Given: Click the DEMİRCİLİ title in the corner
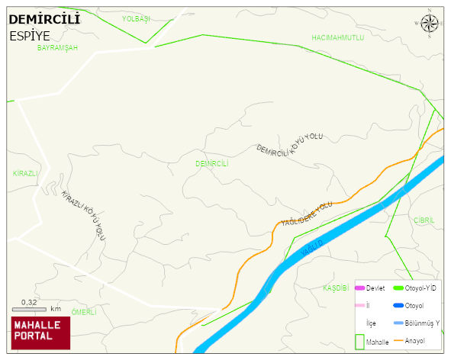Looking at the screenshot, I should [x=43, y=19].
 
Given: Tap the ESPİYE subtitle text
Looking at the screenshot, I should [x=31, y=35].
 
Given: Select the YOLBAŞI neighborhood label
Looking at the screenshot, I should [x=137, y=18].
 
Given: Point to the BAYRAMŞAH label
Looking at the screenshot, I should [x=57, y=47].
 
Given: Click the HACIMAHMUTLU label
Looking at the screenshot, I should [x=338, y=37].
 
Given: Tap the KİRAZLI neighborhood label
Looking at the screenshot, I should [x=25, y=173].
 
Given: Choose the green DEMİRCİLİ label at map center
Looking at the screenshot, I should [x=211, y=163].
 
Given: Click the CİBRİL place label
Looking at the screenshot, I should [x=424, y=220].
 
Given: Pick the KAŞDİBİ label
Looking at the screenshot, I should [x=336, y=288].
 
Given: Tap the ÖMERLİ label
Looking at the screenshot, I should [x=84, y=312].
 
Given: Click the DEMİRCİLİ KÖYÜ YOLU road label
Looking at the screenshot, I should [x=290, y=144].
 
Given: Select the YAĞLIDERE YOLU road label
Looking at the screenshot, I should [x=307, y=214].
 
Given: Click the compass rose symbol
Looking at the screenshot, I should [x=430, y=24].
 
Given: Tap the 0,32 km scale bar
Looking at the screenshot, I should [x=34, y=309].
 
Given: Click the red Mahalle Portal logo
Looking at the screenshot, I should [x=40, y=333].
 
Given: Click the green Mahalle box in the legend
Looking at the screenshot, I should [x=360, y=341].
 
